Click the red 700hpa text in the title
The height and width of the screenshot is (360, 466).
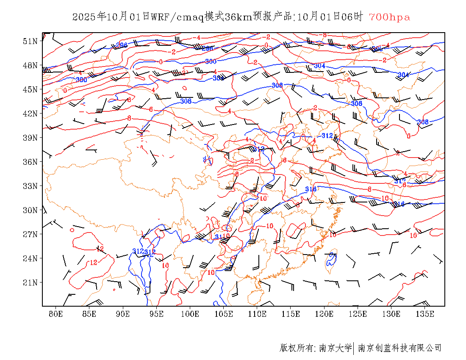[389, 17]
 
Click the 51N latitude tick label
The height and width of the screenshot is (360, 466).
[30, 41]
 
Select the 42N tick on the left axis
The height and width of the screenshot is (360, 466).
[30, 114]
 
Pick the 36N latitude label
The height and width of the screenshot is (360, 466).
[30, 162]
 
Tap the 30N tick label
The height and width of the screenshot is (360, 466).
[30, 210]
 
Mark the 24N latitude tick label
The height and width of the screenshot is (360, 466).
[30, 258]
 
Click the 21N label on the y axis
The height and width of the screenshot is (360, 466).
[30, 282]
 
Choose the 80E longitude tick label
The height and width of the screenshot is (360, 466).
[56, 314]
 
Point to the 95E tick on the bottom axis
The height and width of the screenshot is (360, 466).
[157, 314]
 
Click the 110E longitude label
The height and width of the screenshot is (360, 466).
[257, 314]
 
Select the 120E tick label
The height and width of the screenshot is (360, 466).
[325, 314]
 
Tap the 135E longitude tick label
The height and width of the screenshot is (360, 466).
[425, 314]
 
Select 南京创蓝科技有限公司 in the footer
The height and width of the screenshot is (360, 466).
[399, 348]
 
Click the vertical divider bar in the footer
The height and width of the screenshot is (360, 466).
[354, 348]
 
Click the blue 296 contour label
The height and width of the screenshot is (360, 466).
[122, 45]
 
